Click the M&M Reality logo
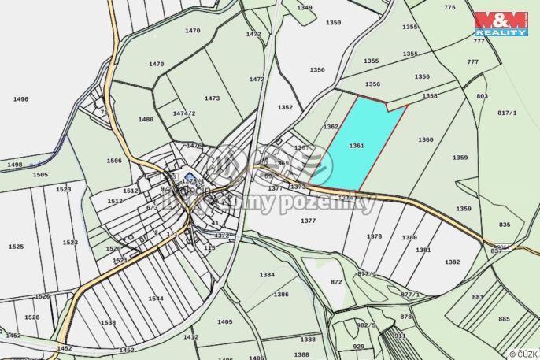point(501,24)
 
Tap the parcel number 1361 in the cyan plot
point(357,146)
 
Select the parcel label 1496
point(20,99)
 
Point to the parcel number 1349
point(305,7)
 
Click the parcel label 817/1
point(508,113)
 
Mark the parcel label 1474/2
point(184,113)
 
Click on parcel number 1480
point(146,120)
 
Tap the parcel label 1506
point(114,161)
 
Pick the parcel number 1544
point(155,299)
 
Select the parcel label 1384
point(268,274)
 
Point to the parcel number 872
point(337,281)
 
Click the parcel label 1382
point(452,262)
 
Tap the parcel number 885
point(503,319)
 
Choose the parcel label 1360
point(426,140)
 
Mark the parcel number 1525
point(16,247)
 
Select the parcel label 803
point(482,96)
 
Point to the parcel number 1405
point(225,322)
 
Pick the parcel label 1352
point(285,108)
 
